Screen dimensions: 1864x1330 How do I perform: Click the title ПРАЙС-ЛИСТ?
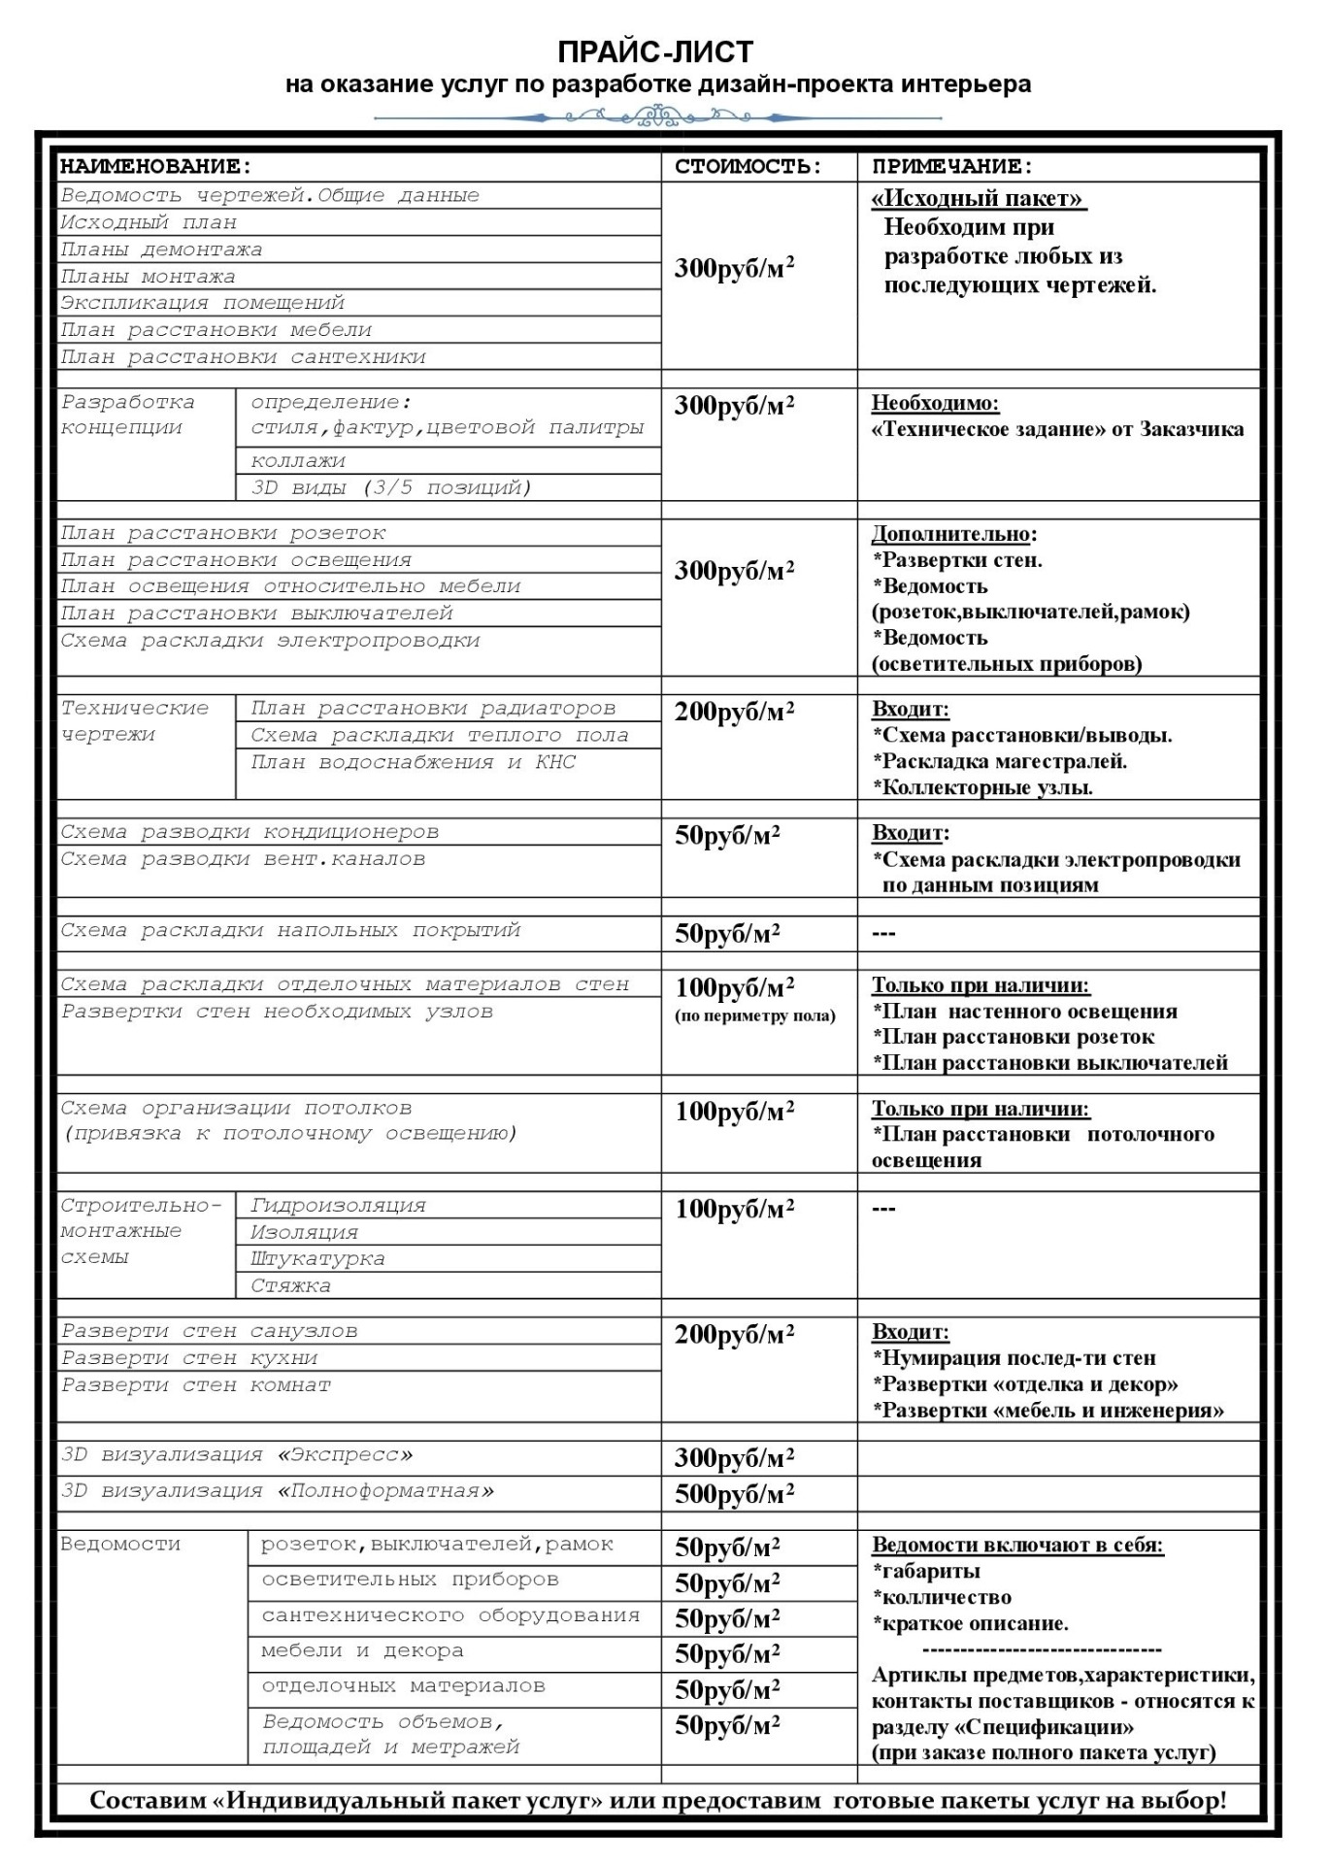coord(655,51)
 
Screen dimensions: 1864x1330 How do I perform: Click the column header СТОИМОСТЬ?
coord(748,167)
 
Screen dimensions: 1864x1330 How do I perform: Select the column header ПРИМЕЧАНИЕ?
coord(951,167)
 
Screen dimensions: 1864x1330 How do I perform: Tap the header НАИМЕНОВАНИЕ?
coord(155,167)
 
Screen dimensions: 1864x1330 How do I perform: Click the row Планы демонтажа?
coord(161,250)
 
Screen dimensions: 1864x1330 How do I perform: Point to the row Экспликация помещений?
coord(202,303)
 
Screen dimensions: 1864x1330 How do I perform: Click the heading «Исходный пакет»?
coord(978,199)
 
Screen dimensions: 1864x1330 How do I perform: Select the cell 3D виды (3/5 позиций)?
coord(390,487)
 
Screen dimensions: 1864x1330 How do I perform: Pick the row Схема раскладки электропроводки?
coord(270,641)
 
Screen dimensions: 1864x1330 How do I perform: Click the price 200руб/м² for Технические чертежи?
coord(734,713)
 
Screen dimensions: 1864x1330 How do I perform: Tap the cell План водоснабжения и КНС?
coord(413,763)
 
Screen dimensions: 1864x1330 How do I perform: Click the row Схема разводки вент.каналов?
coord(243,859)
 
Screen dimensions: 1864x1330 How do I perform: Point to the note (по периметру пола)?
coord(754,1016)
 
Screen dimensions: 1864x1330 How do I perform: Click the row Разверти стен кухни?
coord(189,1358)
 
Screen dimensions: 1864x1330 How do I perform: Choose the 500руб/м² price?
coord(734,1494)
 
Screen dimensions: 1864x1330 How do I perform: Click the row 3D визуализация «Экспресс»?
coord(236,1455)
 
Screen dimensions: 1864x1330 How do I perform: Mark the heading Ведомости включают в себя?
coord(1017,1546)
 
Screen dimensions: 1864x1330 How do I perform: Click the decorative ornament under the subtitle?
coord(658,118)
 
